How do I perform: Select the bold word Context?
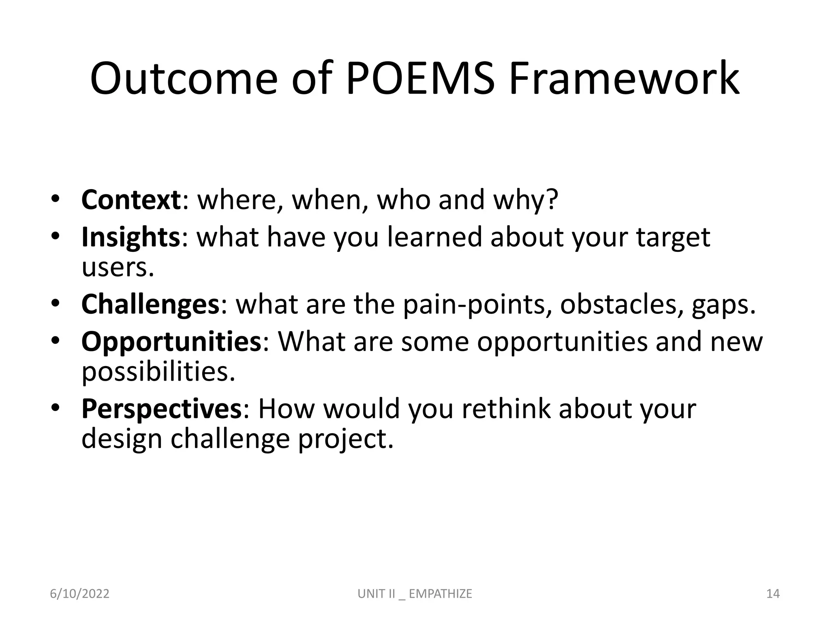coord(131,200)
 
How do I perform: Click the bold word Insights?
coord(130,237)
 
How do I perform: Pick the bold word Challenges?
coord(150,305)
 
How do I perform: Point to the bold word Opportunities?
coord(171,342)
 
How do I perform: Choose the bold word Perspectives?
coord(161,409)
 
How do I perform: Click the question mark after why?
coord(552,200)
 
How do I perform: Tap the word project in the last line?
coord(345,439)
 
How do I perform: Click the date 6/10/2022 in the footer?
coord(79,594)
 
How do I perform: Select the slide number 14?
coord(773,594)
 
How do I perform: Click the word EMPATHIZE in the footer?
coord(441,594)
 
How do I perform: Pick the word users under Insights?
coord(118,268)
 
